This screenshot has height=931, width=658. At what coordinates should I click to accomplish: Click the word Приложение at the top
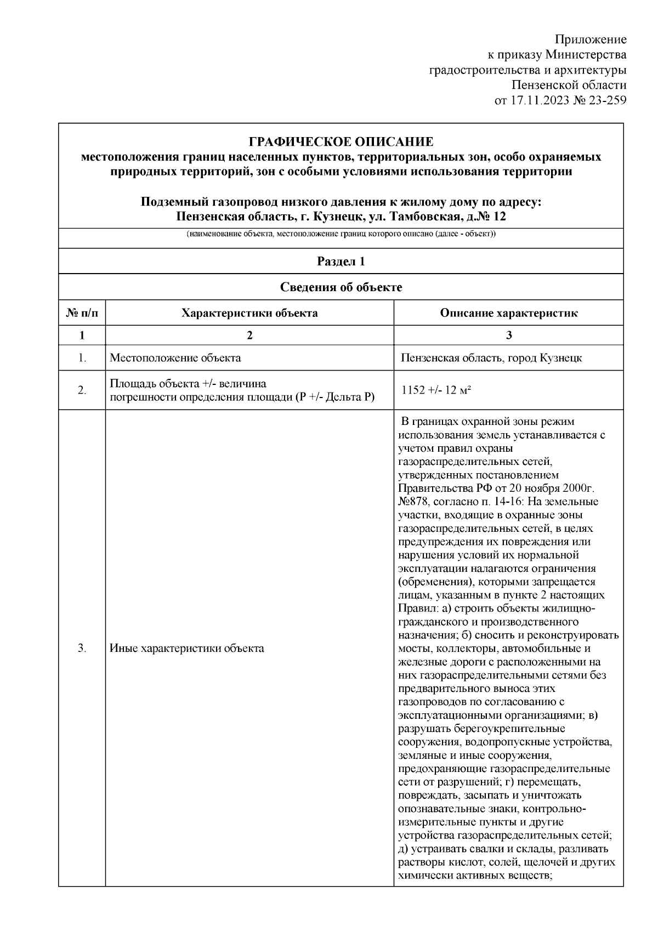click(590, 39)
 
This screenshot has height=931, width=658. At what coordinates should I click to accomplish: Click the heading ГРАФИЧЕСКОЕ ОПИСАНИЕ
click(341, 143)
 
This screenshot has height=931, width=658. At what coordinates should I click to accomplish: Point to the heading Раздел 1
click(341, 262)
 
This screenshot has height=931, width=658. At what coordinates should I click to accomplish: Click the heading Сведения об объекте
click(341, 287)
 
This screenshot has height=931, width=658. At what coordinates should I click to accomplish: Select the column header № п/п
click(82, 314)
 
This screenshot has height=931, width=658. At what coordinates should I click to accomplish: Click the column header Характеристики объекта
click(249, 314)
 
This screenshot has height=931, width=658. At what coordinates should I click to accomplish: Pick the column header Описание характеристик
click(508, 314)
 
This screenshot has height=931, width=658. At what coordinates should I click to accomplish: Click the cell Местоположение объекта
click(175, 358)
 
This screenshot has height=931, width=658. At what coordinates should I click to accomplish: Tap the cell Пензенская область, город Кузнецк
click(491, 358)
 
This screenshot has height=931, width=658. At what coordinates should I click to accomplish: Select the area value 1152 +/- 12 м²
click(436, 390)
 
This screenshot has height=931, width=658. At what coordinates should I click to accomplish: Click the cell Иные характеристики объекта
click(187, 649)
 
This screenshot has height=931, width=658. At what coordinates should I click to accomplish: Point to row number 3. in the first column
click(82, 649)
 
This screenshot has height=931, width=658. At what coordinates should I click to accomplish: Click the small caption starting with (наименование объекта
click(341, 234)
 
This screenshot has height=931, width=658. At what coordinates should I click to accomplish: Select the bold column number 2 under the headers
click(249, 336)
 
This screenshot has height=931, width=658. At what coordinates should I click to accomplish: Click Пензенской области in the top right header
click(568, 86)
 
